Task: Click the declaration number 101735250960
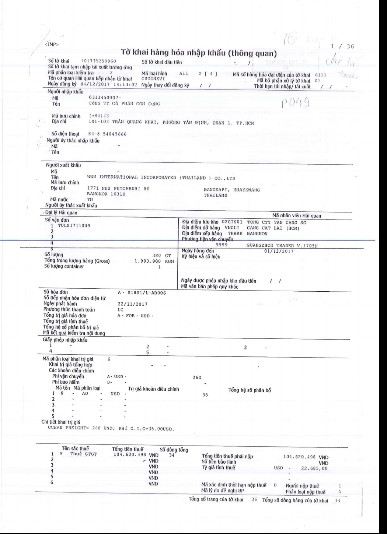(99, 60)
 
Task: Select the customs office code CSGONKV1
(153, 78)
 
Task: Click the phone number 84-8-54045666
(107, 134)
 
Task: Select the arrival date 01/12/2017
(279, 251)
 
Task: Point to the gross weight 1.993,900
(150, 261)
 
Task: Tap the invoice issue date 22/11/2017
(132, 304)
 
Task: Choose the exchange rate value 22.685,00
(314, 468)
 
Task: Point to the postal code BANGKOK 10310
(106, 194)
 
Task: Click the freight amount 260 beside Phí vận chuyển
(197, 377)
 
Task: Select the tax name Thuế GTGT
(83, 454)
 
